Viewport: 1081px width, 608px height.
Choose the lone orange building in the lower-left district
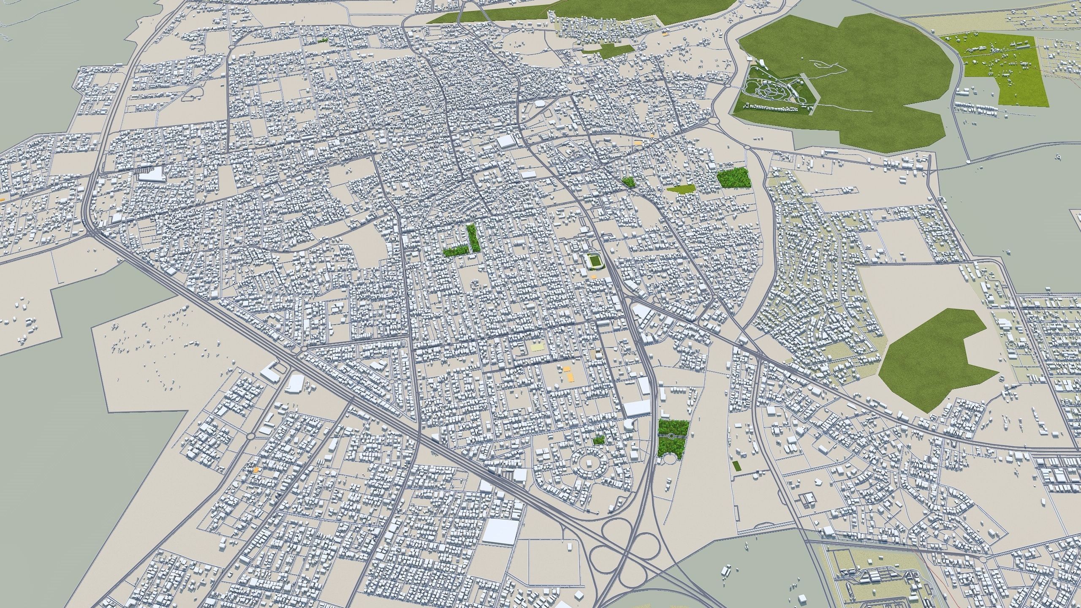(255, 469)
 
